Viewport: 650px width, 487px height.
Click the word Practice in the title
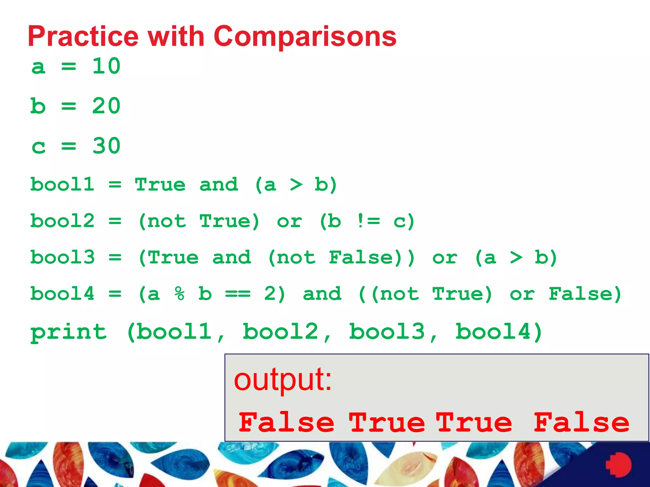point(83,36)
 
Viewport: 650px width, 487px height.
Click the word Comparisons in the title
point(305,36)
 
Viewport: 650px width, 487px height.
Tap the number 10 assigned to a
point(106,66)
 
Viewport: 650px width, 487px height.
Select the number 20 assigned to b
point(106,106)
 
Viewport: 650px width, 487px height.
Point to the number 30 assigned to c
point(106,146)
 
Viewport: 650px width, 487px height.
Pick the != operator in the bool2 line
point(368,221)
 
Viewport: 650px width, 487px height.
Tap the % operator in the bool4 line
point(179,294)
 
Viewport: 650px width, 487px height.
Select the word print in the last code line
point(69,332)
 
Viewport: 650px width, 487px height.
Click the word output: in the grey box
point(283,380)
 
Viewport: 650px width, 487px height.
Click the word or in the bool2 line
point(289,221)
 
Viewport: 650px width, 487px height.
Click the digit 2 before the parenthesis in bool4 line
point(270,294)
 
